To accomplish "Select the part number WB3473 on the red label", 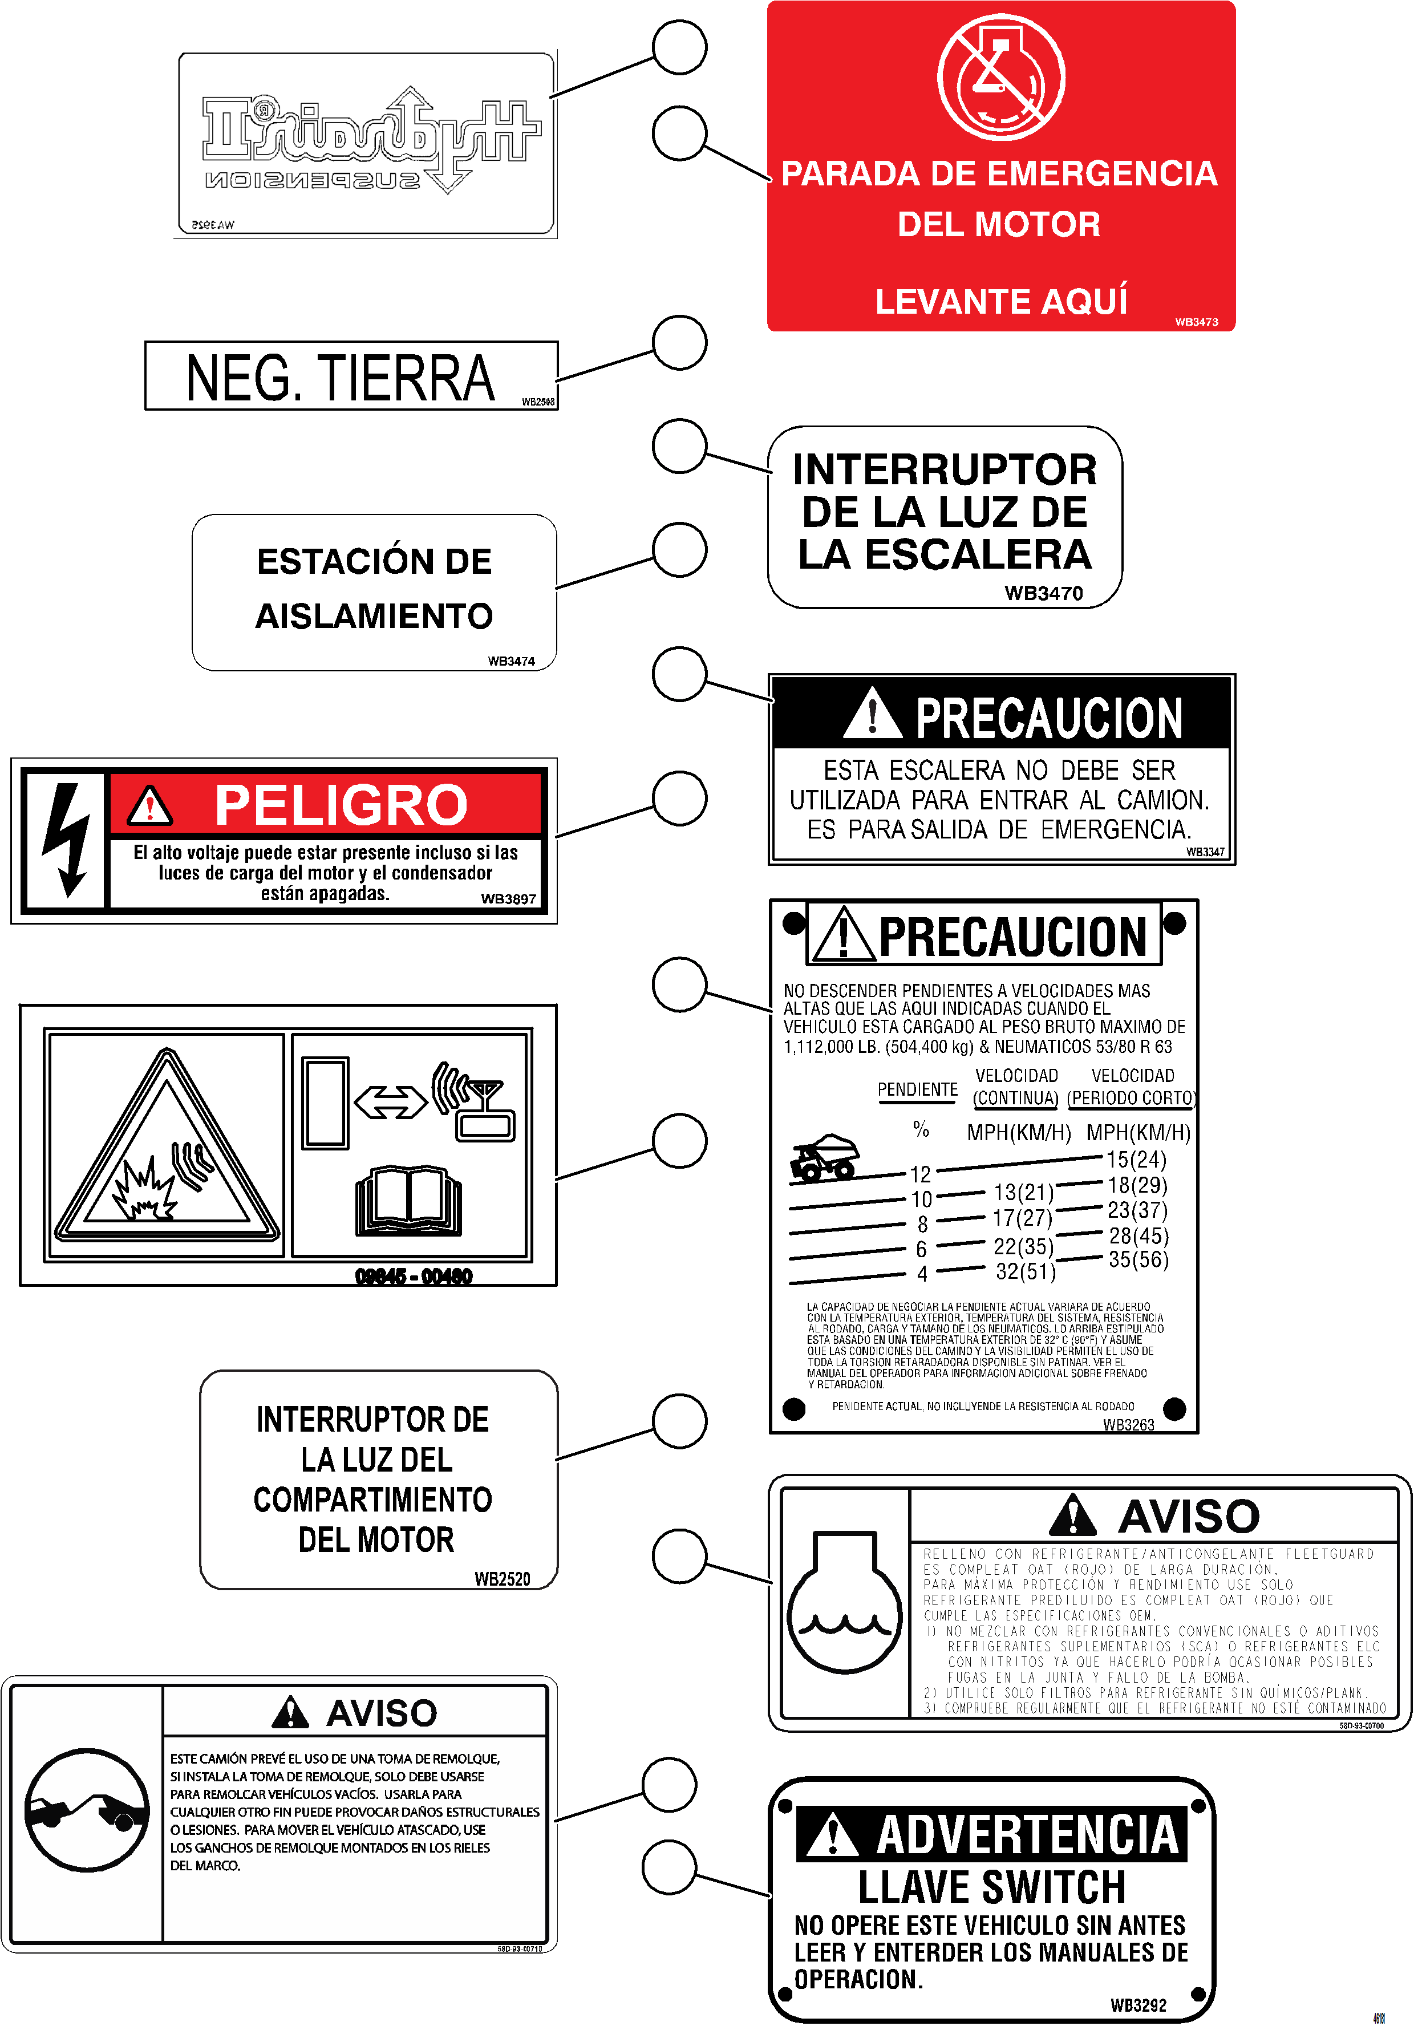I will click(x=1196, y=322).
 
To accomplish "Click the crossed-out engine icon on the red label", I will click(x=1001, y=78).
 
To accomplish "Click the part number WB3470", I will click(x=1043, y=593).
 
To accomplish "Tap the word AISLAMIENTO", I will click(x=374, y=616).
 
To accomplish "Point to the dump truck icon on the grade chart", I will click(x=824, y=1157).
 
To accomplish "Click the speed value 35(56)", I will click(x=1138, y=1259).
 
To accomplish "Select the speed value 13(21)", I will click(x=1023, y=1192).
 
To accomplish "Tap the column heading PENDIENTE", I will click(x=917, y=1090).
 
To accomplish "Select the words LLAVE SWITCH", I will click(x=992, y=1887).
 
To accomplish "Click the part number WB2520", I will click(x=502, y=1579).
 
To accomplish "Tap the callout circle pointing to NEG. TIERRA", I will click(x=680, y=342).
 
